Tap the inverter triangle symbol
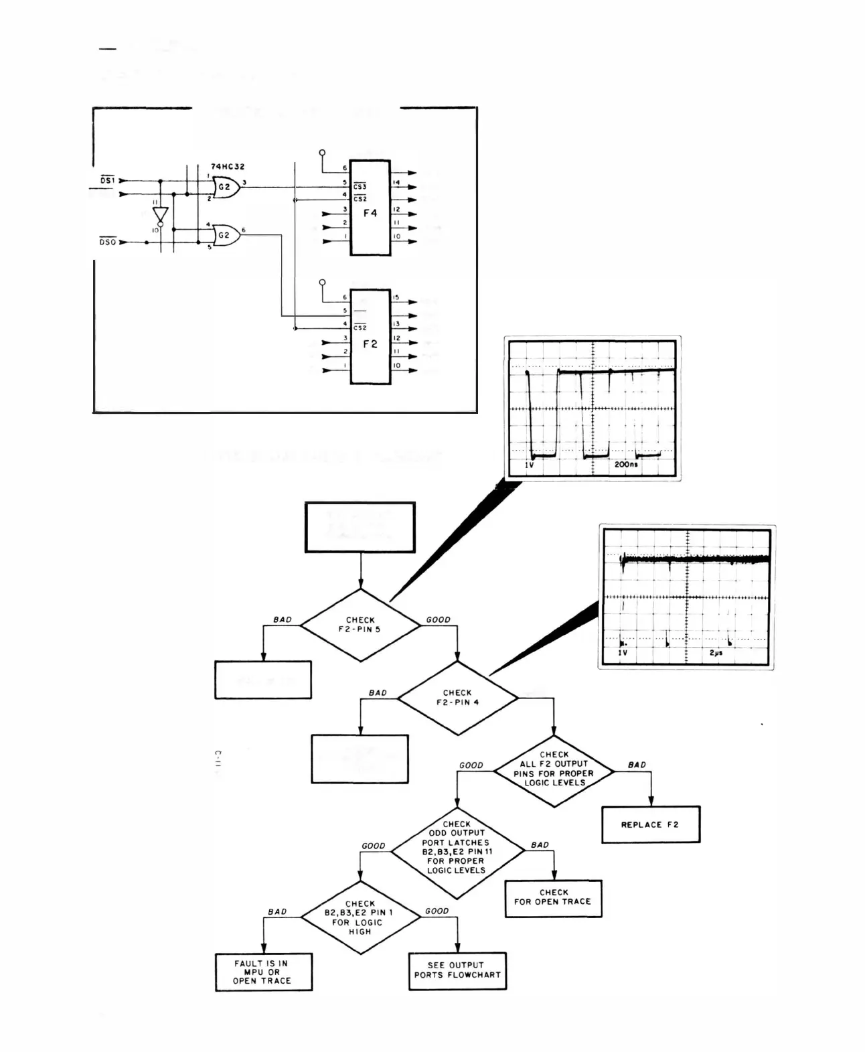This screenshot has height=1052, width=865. [160, 214]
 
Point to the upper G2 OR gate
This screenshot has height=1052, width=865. [226, 187]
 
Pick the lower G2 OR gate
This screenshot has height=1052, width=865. [226, 235]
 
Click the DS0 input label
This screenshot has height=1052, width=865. [107, 242]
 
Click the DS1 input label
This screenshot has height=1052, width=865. [107, 181]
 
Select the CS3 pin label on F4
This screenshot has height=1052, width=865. [360, 187]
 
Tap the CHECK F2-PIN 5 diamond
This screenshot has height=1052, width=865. [360, 625]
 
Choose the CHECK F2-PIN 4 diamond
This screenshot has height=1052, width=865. [457, 698]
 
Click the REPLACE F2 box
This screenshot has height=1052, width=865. [650, 824]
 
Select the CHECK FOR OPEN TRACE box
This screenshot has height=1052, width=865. [553, 897]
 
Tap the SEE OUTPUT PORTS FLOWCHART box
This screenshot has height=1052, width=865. [457, 970]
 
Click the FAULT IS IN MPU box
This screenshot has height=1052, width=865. [263, 972]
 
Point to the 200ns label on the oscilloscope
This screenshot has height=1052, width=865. [626, 464]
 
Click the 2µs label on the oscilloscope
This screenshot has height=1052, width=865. [716, 652]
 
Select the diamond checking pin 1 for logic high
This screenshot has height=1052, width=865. [360, 917]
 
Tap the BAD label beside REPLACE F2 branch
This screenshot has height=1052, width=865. [637, 765]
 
